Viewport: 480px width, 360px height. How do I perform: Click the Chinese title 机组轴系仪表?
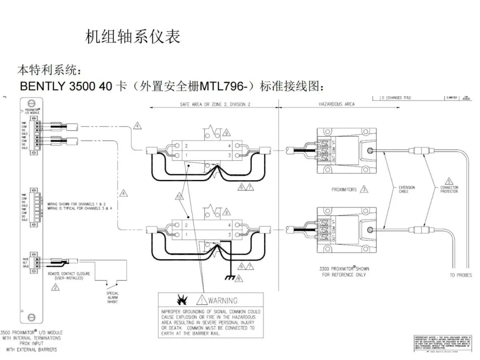132,37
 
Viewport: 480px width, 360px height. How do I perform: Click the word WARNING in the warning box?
223,300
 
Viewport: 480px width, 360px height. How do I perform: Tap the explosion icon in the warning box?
182,299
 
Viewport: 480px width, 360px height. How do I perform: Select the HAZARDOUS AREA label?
336,104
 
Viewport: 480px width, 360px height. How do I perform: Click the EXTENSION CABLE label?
407,189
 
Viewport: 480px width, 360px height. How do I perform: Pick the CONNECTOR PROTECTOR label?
449,189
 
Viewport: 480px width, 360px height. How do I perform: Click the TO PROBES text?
460,275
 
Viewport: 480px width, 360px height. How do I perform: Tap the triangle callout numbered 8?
239,279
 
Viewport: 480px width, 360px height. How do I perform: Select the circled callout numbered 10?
180,196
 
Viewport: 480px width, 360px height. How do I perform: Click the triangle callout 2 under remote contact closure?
55,287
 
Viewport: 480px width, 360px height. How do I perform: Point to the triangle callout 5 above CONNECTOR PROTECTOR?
449,181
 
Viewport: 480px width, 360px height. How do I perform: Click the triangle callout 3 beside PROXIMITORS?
364,189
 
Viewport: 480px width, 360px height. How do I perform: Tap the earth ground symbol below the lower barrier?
229,278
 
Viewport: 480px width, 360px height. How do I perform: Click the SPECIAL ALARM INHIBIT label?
112,297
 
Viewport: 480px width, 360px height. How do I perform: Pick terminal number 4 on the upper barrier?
229,146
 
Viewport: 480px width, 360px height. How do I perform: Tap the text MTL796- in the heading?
227,86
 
